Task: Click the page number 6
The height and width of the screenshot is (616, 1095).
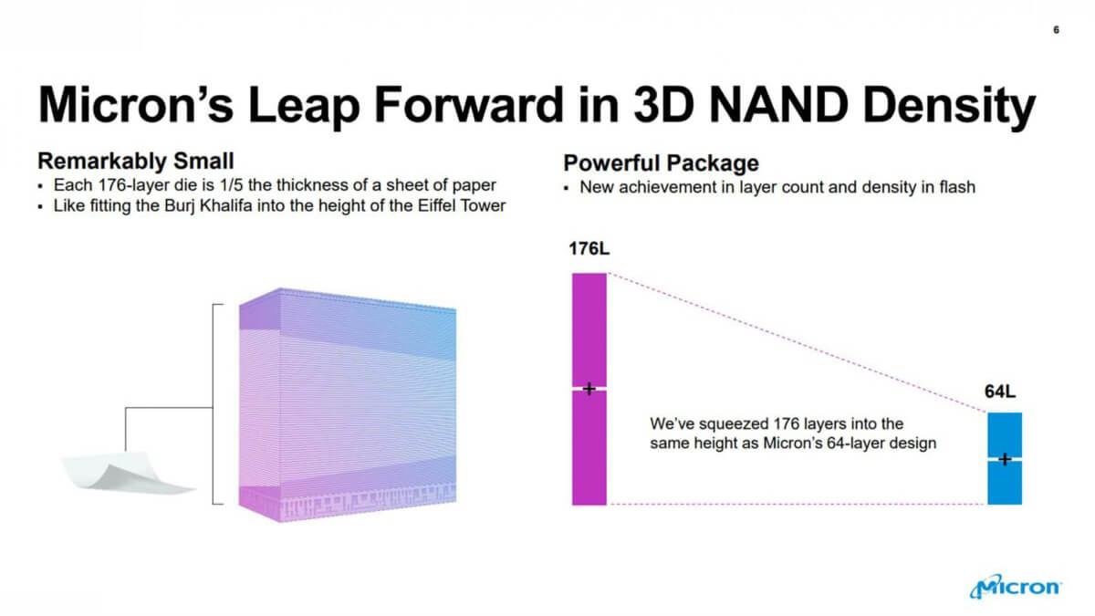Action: [1056, 30]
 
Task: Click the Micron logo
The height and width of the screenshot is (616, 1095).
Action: [1016, 586]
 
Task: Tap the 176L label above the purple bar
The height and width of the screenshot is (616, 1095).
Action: [589, 249]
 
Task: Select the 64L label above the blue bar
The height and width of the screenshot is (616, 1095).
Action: [1000, 392]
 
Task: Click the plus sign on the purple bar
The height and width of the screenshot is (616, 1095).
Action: [589, 389]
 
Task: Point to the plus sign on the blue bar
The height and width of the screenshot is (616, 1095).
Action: [1005, 459]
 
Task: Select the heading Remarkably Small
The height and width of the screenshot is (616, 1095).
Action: [136, 161]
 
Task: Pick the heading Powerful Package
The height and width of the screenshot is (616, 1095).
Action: [661, 163]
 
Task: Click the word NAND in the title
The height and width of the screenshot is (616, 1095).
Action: [777, 105]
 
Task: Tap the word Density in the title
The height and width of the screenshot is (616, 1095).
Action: [949, 107]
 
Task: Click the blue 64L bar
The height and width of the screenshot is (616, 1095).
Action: [1005, 458]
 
